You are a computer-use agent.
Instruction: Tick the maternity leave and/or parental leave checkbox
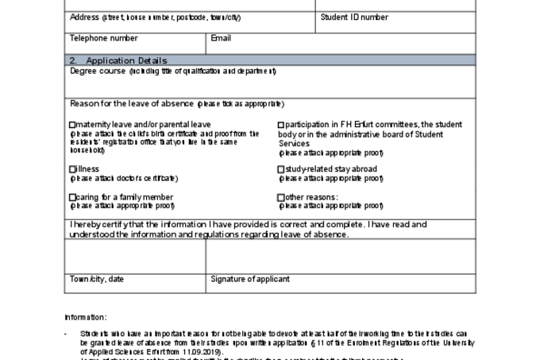point(72,125)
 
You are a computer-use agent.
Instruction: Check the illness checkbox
point(72,169)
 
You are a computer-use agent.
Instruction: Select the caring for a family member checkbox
point(72,197)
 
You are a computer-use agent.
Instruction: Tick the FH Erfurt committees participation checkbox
point(280,125)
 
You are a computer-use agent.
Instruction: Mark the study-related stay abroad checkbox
point(280,169)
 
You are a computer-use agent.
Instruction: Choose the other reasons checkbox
point(280,197)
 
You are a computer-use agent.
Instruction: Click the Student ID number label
point(354,17)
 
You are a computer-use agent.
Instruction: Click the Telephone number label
point(103,37)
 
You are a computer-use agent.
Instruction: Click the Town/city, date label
point(97,279)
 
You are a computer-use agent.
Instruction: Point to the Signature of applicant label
point(250,279)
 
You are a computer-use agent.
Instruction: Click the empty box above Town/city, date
point(135,255)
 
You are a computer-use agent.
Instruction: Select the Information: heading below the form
point(85,317)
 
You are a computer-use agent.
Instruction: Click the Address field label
point(89,17)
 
